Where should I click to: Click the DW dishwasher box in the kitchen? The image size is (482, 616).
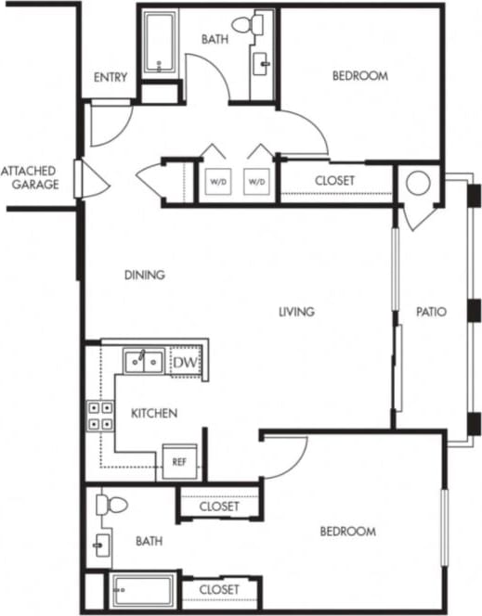(185, 362)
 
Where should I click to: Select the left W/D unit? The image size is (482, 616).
(217, 181)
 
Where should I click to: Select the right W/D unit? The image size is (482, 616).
(257, 181)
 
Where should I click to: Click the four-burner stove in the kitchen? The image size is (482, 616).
(100, 415)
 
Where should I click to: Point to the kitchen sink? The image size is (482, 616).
(145, 360)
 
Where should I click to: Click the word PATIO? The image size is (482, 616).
(431, 313)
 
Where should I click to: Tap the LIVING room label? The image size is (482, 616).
(296, 312)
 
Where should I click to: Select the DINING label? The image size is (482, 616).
(144, 275)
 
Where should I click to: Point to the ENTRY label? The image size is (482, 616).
(111, 77)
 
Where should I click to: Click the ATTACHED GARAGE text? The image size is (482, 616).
(30, 177)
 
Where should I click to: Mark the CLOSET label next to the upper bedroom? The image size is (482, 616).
(334, 180)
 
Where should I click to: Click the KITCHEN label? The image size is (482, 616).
(154, 413)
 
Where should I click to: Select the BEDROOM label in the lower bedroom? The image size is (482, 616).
(347, 532)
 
